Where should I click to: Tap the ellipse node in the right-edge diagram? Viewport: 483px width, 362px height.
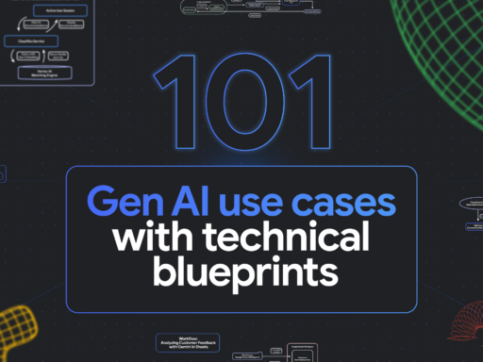471,202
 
